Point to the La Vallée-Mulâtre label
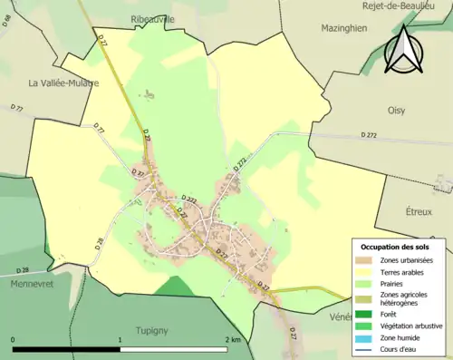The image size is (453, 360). coord(63,83)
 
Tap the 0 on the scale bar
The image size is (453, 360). coord(14,339)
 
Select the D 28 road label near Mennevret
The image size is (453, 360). coord(22,270)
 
